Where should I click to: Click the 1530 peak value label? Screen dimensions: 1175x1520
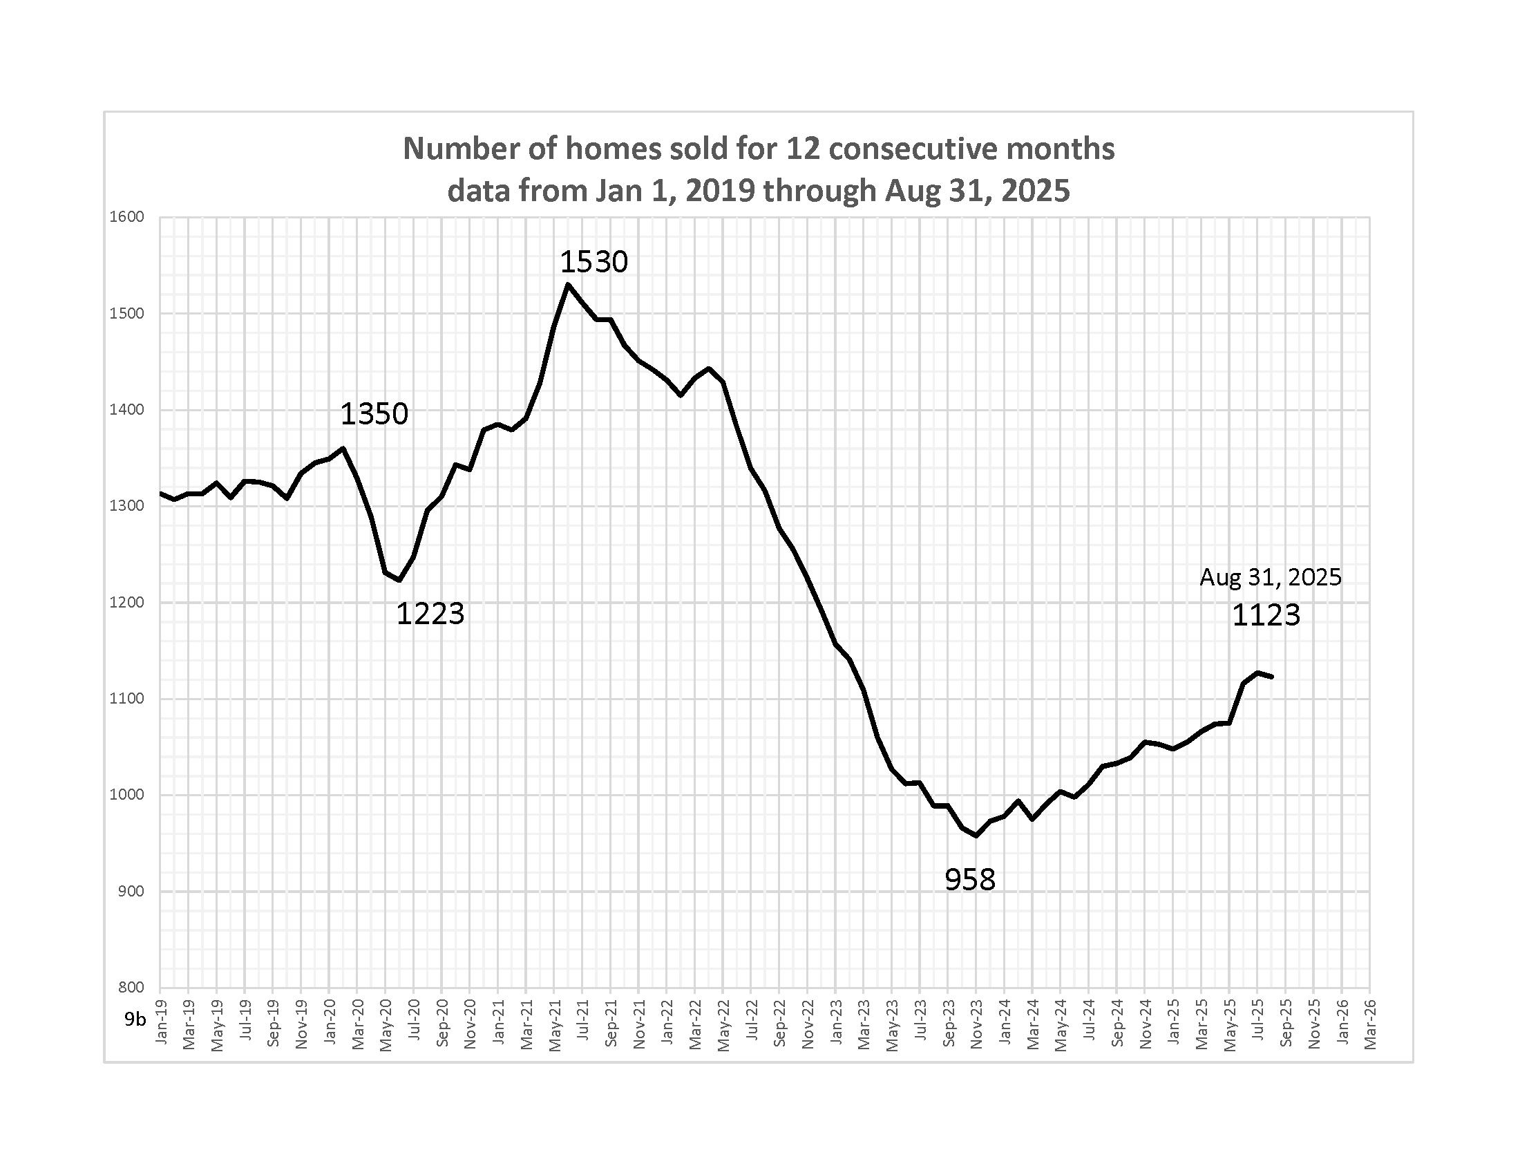coord(593,263)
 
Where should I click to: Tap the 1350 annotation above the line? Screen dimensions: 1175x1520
coord(374,414)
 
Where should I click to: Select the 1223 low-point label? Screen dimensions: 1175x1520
coord(430,614)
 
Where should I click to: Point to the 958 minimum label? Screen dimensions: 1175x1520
coord(969,880)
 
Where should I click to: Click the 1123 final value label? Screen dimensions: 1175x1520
coord(1266,615)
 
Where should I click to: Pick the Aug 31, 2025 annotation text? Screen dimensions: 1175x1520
coord(1270,577)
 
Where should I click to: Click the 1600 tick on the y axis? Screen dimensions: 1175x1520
coord(126,217)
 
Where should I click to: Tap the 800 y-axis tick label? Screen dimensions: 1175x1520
coord(131,987)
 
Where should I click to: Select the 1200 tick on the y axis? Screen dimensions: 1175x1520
coord(126,603)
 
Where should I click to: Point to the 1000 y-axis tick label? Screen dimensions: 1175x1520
coord(126,795)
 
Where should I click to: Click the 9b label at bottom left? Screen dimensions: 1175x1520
coord(135,1019)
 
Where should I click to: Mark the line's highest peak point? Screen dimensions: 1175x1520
coord(568,284)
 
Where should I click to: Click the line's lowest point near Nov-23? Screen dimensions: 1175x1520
coord(976,836)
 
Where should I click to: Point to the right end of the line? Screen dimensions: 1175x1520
coord(1272,676)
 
